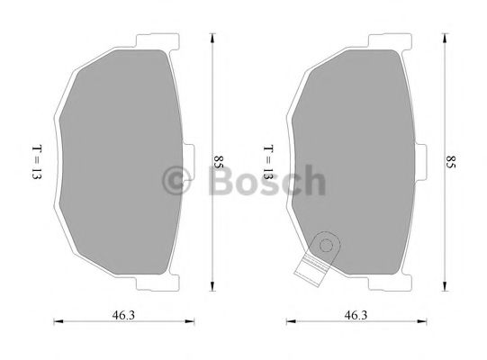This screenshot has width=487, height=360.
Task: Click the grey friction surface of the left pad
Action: (117, 162)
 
